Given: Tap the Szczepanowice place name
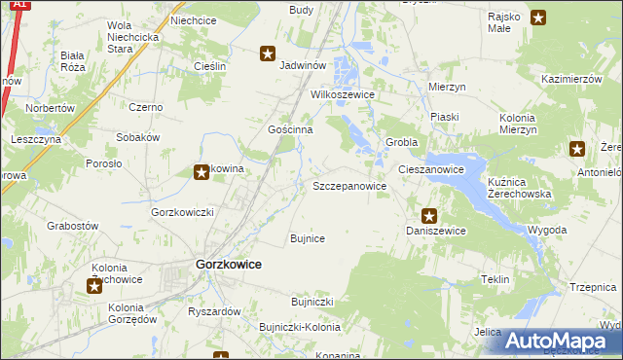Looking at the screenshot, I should [348, 185].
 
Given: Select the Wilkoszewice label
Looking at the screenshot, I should [343, 95].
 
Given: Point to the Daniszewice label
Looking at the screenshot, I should [436, 231].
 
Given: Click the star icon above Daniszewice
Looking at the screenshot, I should [428, 216].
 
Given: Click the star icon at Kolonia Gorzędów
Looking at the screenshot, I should [94, 285].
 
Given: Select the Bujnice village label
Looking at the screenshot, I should [308, 238].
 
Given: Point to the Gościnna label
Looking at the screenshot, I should [290, 129].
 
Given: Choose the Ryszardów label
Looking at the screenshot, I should [214, 311].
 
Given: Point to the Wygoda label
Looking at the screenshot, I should [547, 230].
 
